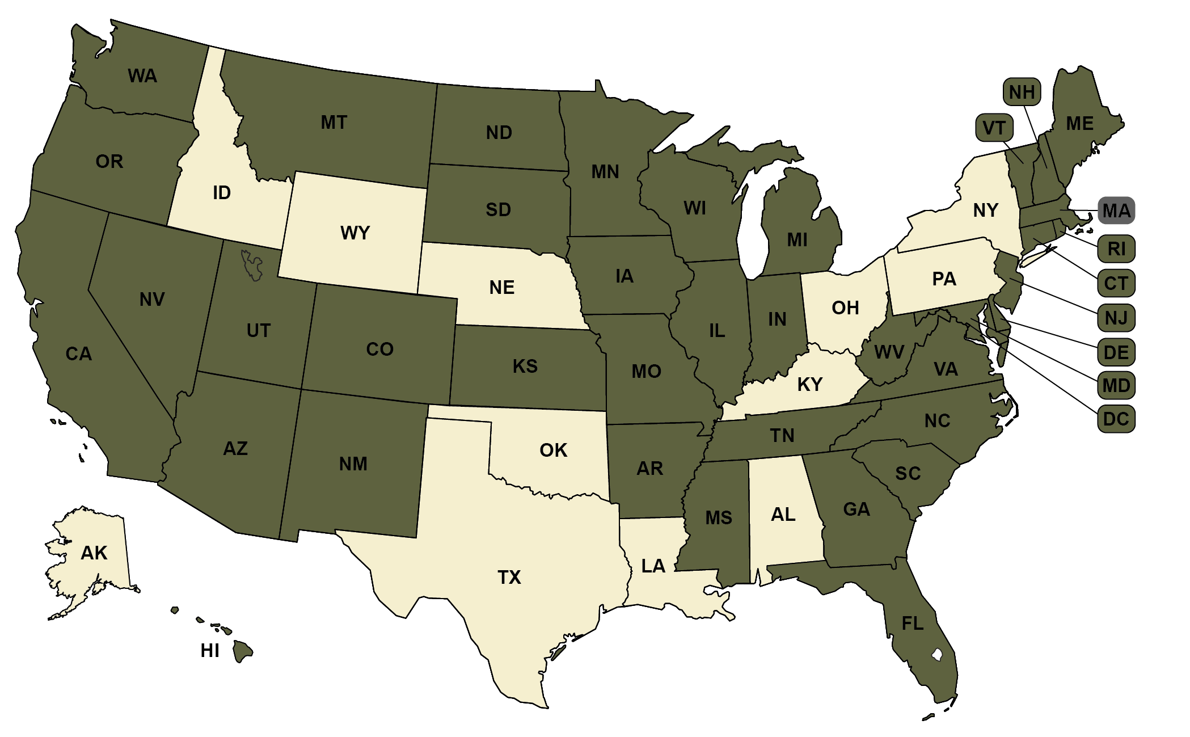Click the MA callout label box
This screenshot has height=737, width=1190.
tap(1116, 211)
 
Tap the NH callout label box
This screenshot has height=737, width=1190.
tap(1022, 92)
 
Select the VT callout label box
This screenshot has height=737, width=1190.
tap(994, 128)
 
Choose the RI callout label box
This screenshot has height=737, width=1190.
tap(1116, 249)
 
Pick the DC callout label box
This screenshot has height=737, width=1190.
tap(1116, 419)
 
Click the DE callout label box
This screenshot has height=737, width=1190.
tap(1116, 352)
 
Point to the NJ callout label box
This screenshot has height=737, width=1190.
tap(1116, 318)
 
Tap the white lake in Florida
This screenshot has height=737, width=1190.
tap(937, 655)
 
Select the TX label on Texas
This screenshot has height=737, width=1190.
tap(509, 578)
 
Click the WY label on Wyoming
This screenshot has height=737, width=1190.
tap(355, 233)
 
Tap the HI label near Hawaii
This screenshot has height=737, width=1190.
tap(210, 651)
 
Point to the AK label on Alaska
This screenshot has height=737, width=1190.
tap(94, 553)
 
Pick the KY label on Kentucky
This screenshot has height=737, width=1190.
tap(810, 385)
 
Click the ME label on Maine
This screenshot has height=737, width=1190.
tap(1079, 124)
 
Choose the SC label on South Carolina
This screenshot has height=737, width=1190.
tap(908, 474)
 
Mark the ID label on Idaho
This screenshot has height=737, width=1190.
tap(222, 193)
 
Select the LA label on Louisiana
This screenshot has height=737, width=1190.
tap(653, 566)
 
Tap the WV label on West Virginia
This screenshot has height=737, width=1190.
tap(889, 352)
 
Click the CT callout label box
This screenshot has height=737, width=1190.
tap(1116, 283)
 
